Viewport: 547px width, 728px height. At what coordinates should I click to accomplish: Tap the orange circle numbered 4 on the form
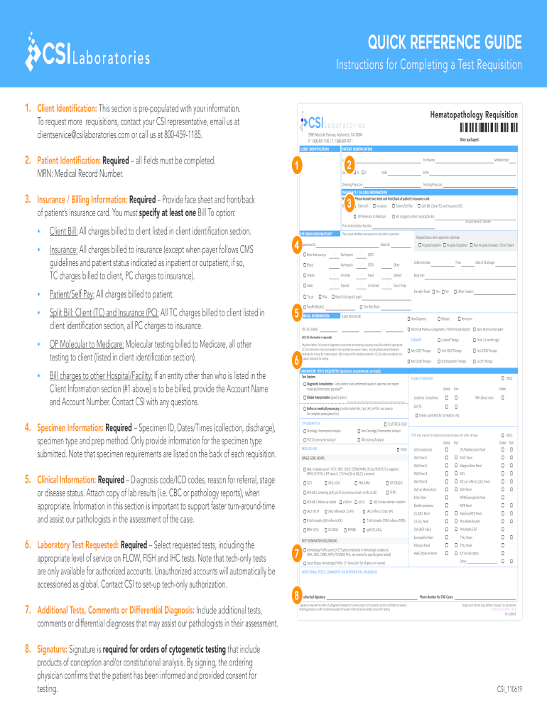(x=296, y=245)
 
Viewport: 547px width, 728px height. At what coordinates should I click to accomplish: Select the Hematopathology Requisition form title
(x=474, y=114)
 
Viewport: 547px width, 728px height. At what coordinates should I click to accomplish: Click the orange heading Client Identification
(x=67, y=107)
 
